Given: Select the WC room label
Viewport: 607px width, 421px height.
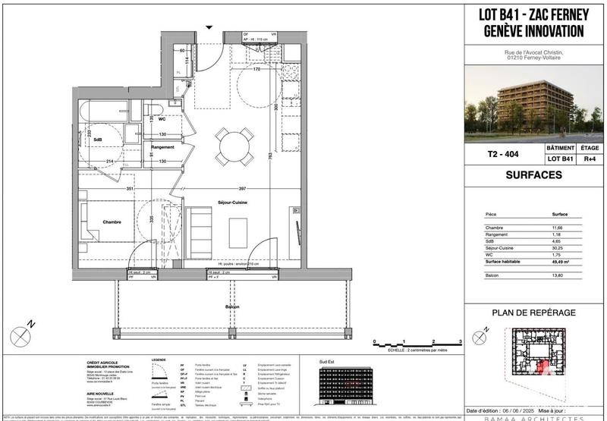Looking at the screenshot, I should (161, 119).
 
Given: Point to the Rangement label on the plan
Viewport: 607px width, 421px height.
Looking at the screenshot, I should (162, 146).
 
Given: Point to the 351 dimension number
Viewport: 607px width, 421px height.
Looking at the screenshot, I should (130, 189).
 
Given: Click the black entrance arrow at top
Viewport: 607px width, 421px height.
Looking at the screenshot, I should (210, 28).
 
